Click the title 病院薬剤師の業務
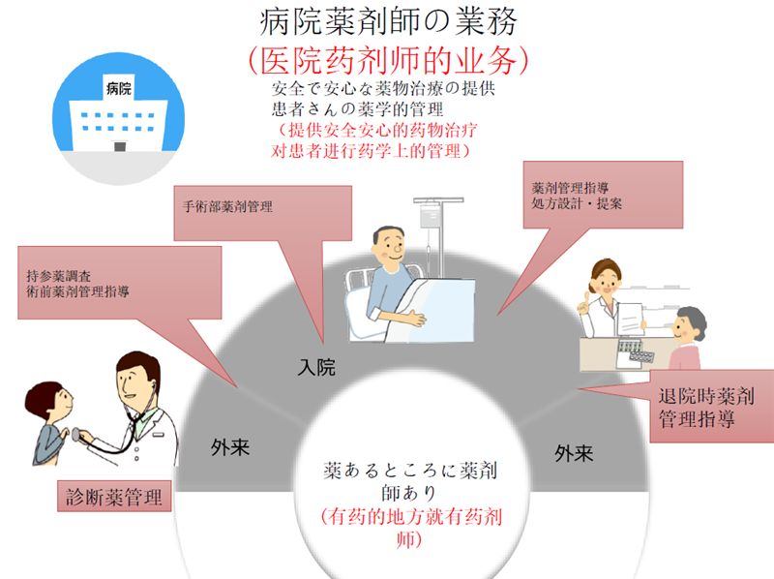pyautogui.click(x=387, y=20)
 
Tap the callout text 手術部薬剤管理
pyautogui.click(x=227, y=207)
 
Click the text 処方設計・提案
pyautogui.click(x=577, y=204)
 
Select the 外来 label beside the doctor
pyautogui.click(x=231, y=447)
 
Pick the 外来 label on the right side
pyautogui.click(x=574, y=452)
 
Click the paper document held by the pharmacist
pyautogui.click(x=630, y=315)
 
